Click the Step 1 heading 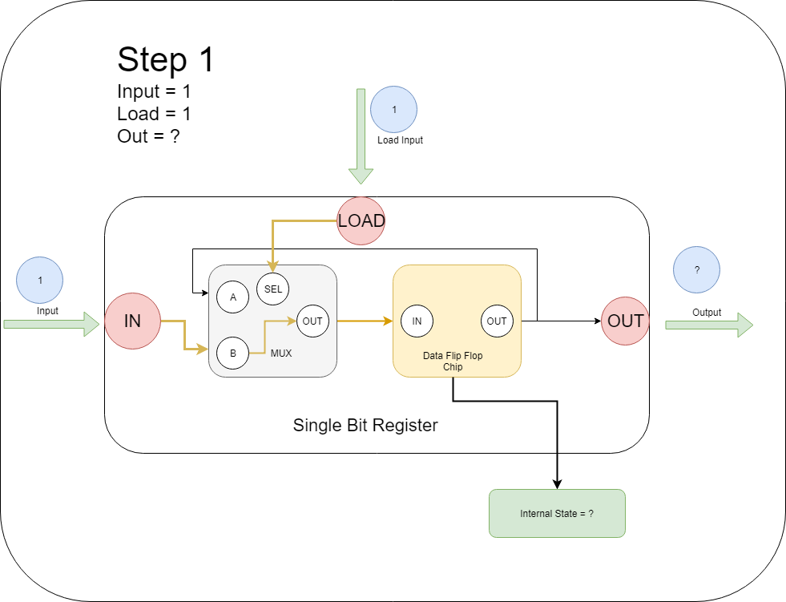click(166, 60)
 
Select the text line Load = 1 click(154, 114)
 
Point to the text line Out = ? click(148, 136)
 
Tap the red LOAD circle click(361, 220)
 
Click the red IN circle click(132, 321)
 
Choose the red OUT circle click(625, 321)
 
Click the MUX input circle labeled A click(233, 297)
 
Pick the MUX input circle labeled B click(233, 353)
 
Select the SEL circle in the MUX click(273, 289)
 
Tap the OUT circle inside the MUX click(312, 321)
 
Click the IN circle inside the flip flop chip click(417, 321)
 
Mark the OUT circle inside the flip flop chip click(497, 321)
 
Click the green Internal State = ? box click(557, 513)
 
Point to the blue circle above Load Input click(393, 109)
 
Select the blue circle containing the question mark click(697, 270)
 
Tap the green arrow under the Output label click(709, 325)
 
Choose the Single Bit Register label click(365, 426)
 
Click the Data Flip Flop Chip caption click(453, 362)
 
